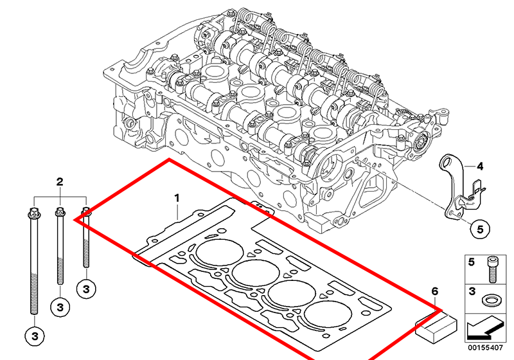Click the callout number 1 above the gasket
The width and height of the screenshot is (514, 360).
[x=177, y=198]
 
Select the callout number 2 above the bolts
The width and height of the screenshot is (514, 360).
[x=60, y=182]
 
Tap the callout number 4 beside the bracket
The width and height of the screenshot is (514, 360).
[x=479, y=166]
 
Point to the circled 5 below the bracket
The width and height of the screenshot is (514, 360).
[x=480, y=230]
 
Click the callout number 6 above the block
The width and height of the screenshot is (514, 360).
[x=435, y=291]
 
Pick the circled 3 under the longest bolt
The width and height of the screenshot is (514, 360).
[x=35, y=336]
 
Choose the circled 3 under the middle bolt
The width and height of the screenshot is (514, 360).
[x=60, y=307]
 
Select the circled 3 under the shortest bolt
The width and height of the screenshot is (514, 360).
[x=86, y=289]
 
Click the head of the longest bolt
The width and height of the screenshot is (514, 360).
[x=35, y=213]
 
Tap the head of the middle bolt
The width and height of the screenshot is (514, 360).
[x=60, y=212]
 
